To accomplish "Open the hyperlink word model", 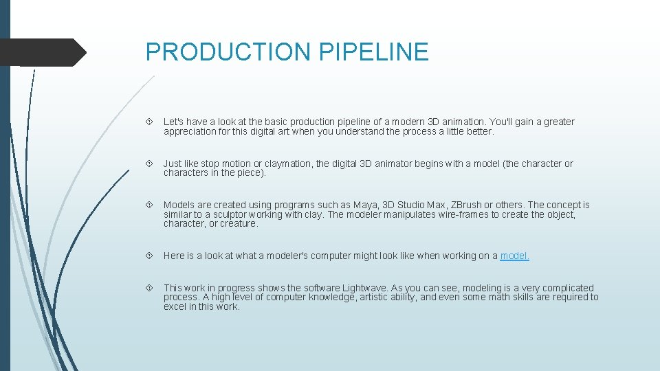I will tap(514, 256).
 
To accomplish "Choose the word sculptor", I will tap(228, 214).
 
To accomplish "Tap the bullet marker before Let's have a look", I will tap(150, 122).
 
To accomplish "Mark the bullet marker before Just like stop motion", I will tap(150, 164).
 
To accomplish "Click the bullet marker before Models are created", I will tap(150, 205).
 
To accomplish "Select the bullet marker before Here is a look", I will tap(150, 256).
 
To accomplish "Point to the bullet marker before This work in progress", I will tap(150, 289).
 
